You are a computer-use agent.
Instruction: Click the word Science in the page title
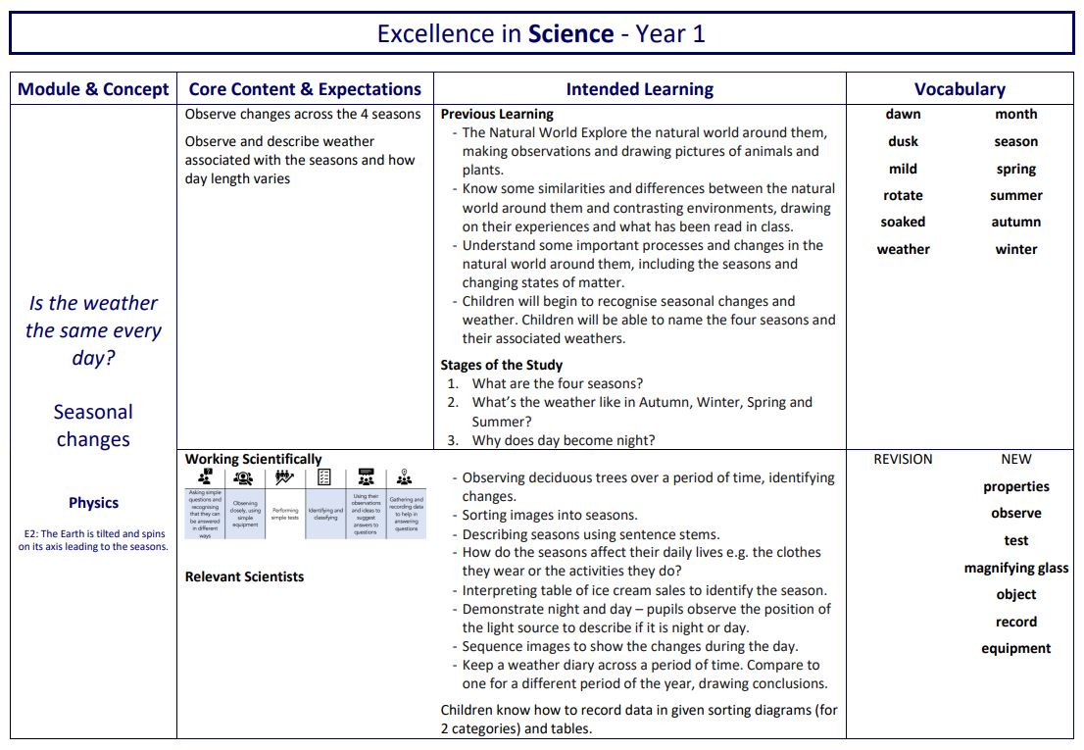click(x=570, y=34)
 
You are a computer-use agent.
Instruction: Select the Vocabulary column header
click(x=960, y=89)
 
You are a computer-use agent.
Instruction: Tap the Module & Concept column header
click(x=93, y=89)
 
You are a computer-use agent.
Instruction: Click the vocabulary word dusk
click(x=903, y=141)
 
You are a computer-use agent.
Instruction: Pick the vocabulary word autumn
click(x=1016, y=222)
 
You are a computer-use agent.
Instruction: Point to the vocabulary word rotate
click(x=903, y=195)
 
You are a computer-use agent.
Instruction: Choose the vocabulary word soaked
click(x=903, y=222)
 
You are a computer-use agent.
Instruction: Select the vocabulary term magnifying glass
click(x=1016, y=568)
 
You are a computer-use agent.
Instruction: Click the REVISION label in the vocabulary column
click(x=903, y=459)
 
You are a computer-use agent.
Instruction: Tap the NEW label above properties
click(x=1016, y=459)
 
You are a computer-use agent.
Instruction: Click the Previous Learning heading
click(x=497, y=114)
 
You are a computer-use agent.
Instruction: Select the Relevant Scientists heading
click(x=244, y=576)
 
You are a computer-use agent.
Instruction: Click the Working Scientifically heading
click(x=253, y=459)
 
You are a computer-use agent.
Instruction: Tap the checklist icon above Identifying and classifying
click(x=324, y=477)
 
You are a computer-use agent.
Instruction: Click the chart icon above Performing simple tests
click(x=285, y=477)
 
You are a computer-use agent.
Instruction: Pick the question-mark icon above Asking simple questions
click(x=205, y=477)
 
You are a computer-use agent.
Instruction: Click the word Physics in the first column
click(x=93, y=503)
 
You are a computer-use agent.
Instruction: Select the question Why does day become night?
click(x=564, y=440)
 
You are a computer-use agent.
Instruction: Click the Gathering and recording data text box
click(x=406, y=514)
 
